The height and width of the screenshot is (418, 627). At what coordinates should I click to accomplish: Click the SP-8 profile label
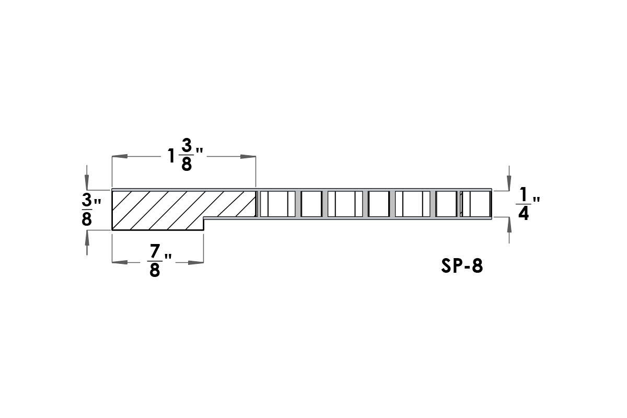tap(462, 265)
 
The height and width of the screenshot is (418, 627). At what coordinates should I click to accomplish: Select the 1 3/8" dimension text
tap(185, 155)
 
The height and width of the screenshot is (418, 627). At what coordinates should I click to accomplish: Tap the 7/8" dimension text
tap(160, 260)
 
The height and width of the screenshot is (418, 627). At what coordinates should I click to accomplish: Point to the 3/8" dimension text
tap(91, 210)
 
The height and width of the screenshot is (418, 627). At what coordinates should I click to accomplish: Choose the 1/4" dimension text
tap(528, 204)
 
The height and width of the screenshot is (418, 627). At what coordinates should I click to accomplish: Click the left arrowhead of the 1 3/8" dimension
tap(120, 157)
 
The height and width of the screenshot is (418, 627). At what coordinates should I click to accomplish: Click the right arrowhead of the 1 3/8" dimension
tap(248, 157)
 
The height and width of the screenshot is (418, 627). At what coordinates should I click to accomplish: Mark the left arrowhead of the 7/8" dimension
tap(120, 262)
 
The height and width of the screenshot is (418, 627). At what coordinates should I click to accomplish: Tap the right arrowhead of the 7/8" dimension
tap(196, 262)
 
